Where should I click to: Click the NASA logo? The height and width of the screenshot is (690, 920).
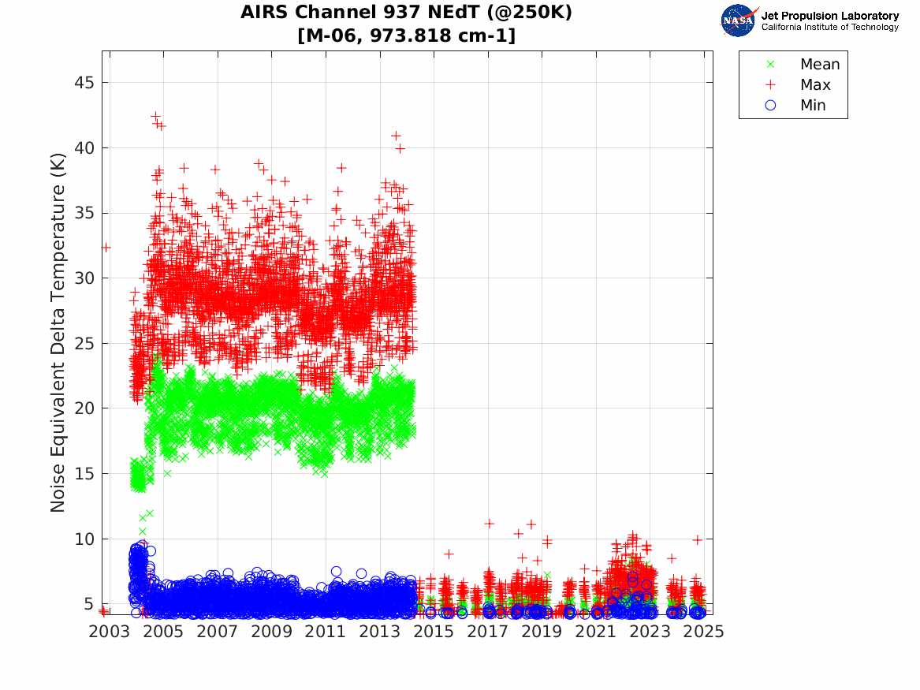pos(739,20)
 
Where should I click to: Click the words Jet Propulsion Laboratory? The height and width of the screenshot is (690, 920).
pos(829,16)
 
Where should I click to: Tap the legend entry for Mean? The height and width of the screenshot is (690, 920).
pos(820,65)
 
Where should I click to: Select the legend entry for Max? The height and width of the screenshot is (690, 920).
pos(815,85)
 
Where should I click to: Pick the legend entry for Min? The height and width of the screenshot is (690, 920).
pos(813,106)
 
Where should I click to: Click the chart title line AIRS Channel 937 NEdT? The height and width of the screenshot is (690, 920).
pos(407,13)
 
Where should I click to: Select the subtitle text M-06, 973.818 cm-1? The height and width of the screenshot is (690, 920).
pos(407,35)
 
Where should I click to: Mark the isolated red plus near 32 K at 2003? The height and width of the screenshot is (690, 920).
pos(106,247)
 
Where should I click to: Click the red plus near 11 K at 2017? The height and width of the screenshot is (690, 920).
pos(489,524)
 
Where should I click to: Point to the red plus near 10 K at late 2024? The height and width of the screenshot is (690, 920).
pos(697,540)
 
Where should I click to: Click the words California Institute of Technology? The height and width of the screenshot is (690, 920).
pos(829,28)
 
